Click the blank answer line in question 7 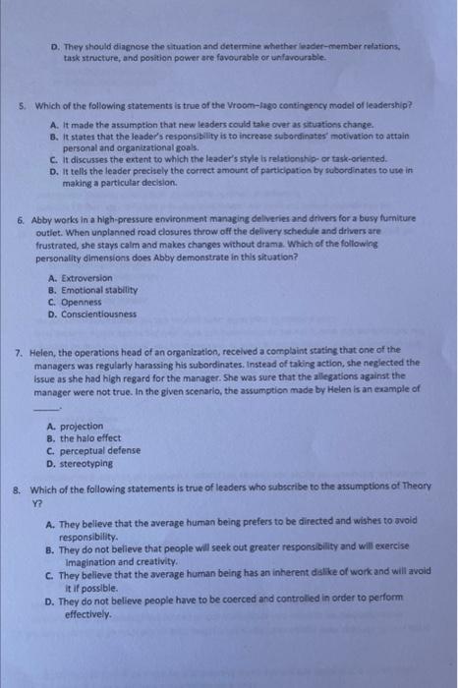tap(43, 403)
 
